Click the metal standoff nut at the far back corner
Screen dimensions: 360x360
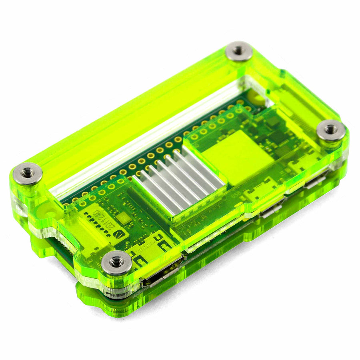238,51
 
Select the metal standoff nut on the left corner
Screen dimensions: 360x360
28,173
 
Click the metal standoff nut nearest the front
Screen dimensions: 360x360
116,262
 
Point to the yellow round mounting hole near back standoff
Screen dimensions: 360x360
256,98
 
